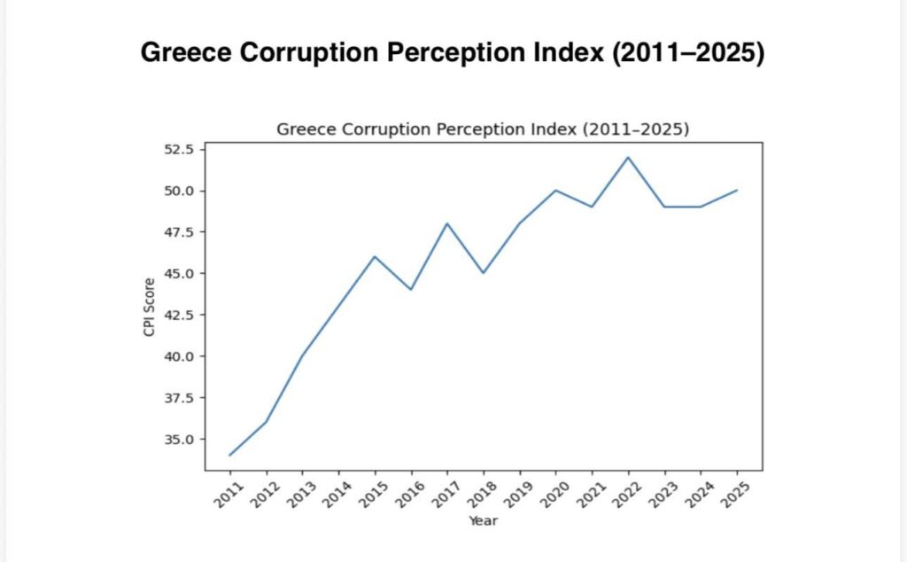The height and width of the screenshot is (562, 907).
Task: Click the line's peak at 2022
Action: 628,158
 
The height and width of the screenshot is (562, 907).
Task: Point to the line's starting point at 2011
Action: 229,455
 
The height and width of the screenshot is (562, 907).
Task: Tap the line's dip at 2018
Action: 483,273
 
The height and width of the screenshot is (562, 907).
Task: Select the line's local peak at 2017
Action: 446,223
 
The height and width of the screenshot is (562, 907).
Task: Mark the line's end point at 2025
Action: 737,191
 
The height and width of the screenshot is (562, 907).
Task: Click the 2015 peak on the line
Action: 375,257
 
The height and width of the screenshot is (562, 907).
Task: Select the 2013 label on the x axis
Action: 298,494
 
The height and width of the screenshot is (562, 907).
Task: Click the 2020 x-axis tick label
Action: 552,494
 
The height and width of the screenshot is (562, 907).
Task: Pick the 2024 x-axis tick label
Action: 697,494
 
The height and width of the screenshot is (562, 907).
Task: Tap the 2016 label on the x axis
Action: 407,494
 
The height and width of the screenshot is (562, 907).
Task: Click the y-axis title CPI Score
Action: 150,307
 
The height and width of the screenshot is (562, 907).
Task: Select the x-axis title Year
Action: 483,520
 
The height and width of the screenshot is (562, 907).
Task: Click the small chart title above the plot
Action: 483,129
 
